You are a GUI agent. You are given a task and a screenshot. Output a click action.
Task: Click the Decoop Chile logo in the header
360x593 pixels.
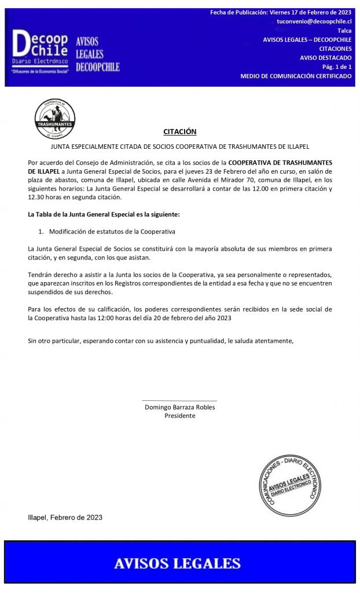(x=40, y=46)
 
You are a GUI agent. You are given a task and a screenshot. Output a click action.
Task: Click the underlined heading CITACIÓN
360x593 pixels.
(x=179, y=131)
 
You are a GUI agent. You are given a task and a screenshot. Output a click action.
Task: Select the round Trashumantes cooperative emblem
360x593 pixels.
(x=54, y=119)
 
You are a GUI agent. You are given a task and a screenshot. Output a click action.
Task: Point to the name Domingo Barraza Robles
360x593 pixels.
(x=179, y=407)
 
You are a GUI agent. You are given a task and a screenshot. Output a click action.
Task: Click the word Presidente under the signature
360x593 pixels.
(x=179, y=416)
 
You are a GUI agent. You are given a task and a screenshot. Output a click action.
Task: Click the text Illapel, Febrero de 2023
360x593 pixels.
(x=65, y=517)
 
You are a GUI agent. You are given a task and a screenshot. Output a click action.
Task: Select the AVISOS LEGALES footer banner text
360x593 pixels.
(x=177, y=563)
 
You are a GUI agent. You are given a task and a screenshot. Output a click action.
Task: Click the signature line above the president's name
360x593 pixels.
(x=179, y=400)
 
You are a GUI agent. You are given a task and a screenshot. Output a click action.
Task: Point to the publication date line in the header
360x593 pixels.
(x=281, y=12)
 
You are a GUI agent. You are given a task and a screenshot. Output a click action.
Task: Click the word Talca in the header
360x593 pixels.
(x=344, y=30)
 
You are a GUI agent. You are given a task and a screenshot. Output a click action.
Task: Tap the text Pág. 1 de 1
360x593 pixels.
(x=337, y=67)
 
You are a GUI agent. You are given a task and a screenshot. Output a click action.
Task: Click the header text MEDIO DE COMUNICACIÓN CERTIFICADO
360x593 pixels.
(x=296, y=76)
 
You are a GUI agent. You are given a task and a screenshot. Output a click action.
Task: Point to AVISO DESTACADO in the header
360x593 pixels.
(x=325, y=58)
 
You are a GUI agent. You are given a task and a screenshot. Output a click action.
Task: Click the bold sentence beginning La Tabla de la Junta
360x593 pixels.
(x=104, y=215)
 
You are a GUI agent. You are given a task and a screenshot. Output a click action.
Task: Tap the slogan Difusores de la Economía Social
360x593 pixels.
(x=41, y=70)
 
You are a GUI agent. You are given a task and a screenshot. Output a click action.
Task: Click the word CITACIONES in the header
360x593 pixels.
(x=335, y=49)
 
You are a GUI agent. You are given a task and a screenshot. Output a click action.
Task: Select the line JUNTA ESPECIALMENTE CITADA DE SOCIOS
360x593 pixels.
(x=179, y=148)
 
